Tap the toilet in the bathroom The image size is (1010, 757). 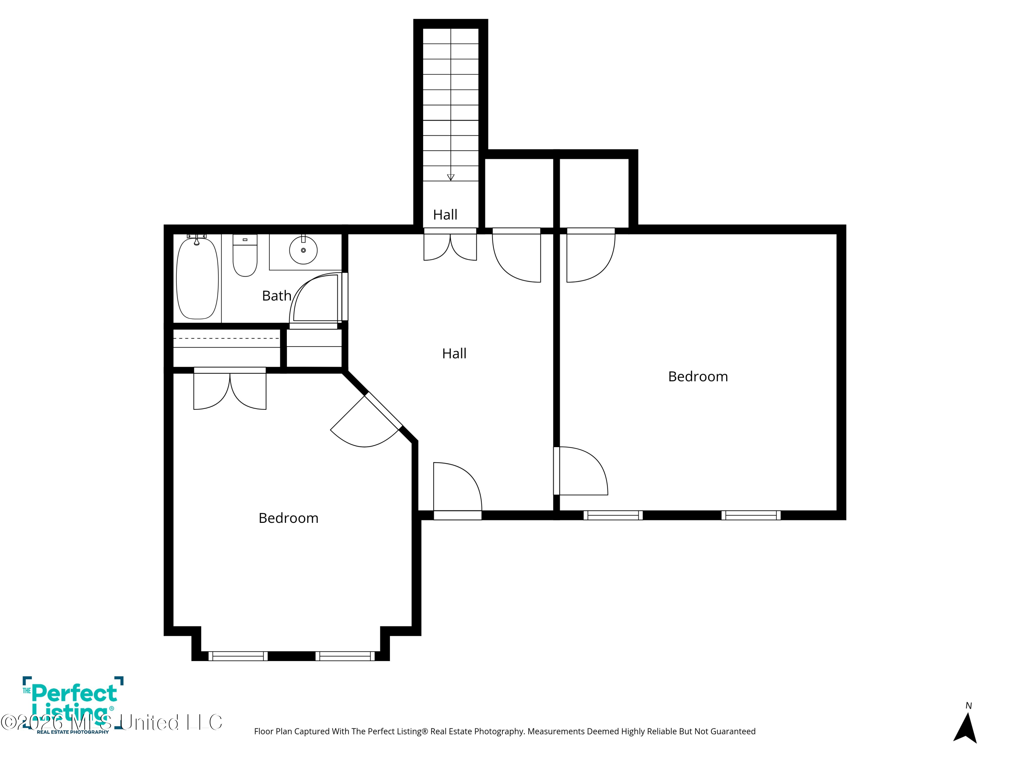click(245, 255)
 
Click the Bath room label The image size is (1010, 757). click(277, 296)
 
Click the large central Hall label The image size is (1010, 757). click(454, 353)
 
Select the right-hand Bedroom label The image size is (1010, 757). click(698, 376)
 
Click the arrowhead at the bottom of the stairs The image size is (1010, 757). click(451, 178)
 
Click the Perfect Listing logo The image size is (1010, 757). click(73, 705)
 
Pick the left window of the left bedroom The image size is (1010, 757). click(238, 656)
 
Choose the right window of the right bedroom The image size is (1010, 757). click(751, 515)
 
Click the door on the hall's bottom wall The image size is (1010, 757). click(458, 491)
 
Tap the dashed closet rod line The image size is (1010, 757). click(226, 338)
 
